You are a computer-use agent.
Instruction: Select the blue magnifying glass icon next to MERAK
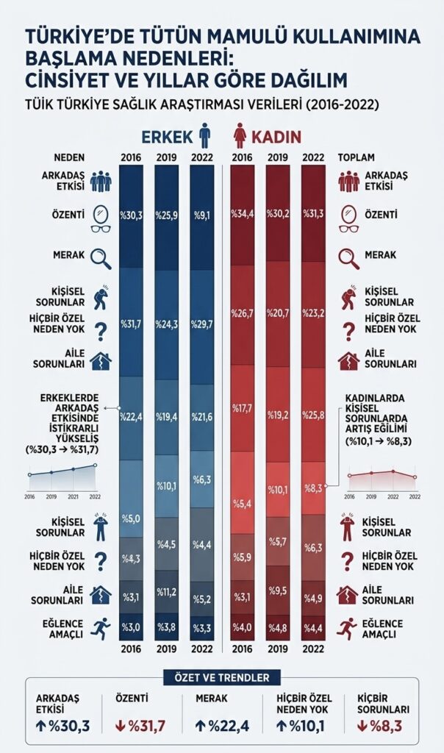(100, 257)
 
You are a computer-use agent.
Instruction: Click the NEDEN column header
(70, 157)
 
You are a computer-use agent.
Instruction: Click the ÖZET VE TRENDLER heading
(222, 677)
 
